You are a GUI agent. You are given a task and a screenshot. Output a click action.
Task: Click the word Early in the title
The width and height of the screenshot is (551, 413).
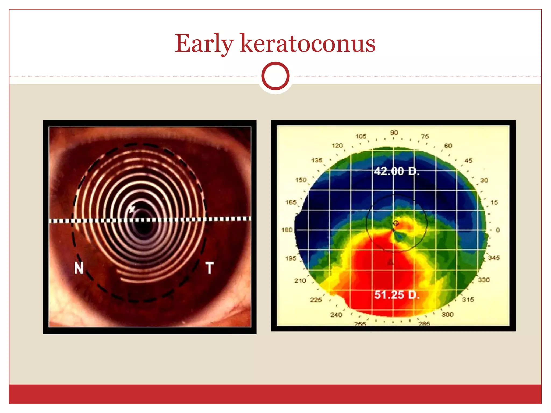coord(204,44)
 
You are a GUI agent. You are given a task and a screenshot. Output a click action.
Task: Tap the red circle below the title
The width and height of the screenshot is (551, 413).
coord(275,76)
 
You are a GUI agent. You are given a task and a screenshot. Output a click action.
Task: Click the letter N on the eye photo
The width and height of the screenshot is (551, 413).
coord(79,268)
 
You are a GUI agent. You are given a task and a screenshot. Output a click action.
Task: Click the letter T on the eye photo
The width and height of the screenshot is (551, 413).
coord(210,268)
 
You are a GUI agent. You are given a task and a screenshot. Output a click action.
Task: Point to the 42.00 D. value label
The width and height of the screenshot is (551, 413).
coord(397,171)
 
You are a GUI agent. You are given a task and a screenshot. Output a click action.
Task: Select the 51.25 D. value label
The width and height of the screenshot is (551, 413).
coord(397,295)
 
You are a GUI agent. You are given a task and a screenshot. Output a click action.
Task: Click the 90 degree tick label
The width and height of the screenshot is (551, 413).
coord(394,133)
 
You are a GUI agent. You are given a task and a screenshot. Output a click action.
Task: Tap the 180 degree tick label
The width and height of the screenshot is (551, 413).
coord(287,230)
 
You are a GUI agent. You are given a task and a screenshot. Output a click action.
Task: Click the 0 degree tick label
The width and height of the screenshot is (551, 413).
coord(497,230)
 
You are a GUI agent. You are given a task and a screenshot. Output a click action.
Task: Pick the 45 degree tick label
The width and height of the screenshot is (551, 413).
coord(468,161)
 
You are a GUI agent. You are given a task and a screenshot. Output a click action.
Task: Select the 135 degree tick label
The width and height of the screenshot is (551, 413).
coord(317,160)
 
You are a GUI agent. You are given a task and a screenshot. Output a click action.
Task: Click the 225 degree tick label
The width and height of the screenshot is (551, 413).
coord(316,300)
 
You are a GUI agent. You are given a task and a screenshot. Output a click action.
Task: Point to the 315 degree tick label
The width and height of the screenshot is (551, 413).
coord(468,300)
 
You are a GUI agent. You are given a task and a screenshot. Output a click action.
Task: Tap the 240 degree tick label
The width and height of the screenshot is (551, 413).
coord(336,315)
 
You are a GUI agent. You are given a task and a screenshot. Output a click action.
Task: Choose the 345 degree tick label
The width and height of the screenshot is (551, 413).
coord(494,258)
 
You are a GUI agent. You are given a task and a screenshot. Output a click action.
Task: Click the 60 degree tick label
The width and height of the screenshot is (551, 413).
coord(448,146)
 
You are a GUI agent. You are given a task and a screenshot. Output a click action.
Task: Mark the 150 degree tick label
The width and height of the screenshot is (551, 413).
coord(301,180)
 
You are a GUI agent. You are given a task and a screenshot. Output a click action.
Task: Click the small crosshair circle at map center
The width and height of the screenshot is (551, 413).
coord(395,223)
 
